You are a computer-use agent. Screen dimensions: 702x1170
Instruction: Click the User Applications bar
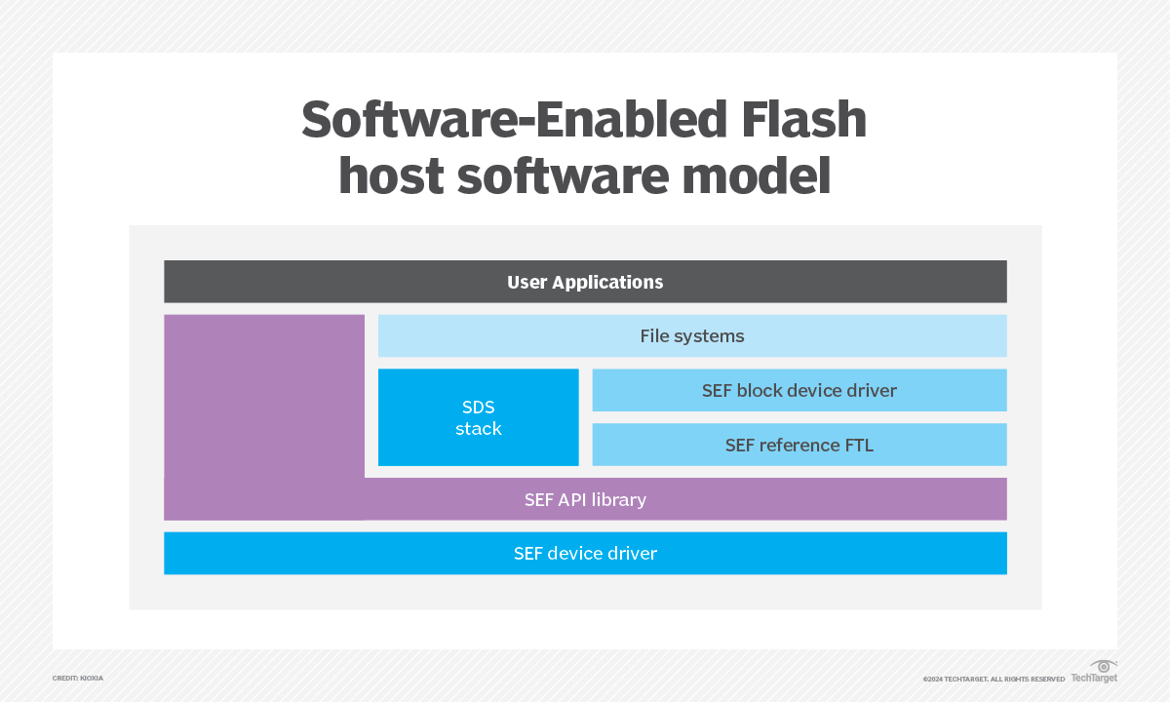(585, 282)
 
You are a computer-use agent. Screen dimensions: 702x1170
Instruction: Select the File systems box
(692, 336)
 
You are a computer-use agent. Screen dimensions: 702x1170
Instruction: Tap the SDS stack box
(478, 417)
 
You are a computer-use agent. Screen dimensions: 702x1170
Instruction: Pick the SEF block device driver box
(799, 390)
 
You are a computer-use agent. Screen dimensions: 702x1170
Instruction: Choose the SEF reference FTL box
(799, 445)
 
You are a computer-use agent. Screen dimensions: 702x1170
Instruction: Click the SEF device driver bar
(585, 553)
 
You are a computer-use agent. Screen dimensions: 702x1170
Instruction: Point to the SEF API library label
(585, 499)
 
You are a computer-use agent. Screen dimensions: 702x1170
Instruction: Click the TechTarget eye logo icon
(1104, 667)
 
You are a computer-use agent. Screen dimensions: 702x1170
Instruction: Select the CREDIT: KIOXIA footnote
(78, 678)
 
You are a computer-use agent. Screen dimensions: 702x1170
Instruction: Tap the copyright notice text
(994, 679)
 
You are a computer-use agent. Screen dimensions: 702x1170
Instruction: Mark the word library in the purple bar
(616, 499)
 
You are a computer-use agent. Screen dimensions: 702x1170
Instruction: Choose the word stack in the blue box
(478, 429)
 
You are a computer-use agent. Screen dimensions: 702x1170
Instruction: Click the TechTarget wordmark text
(1094, 678)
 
